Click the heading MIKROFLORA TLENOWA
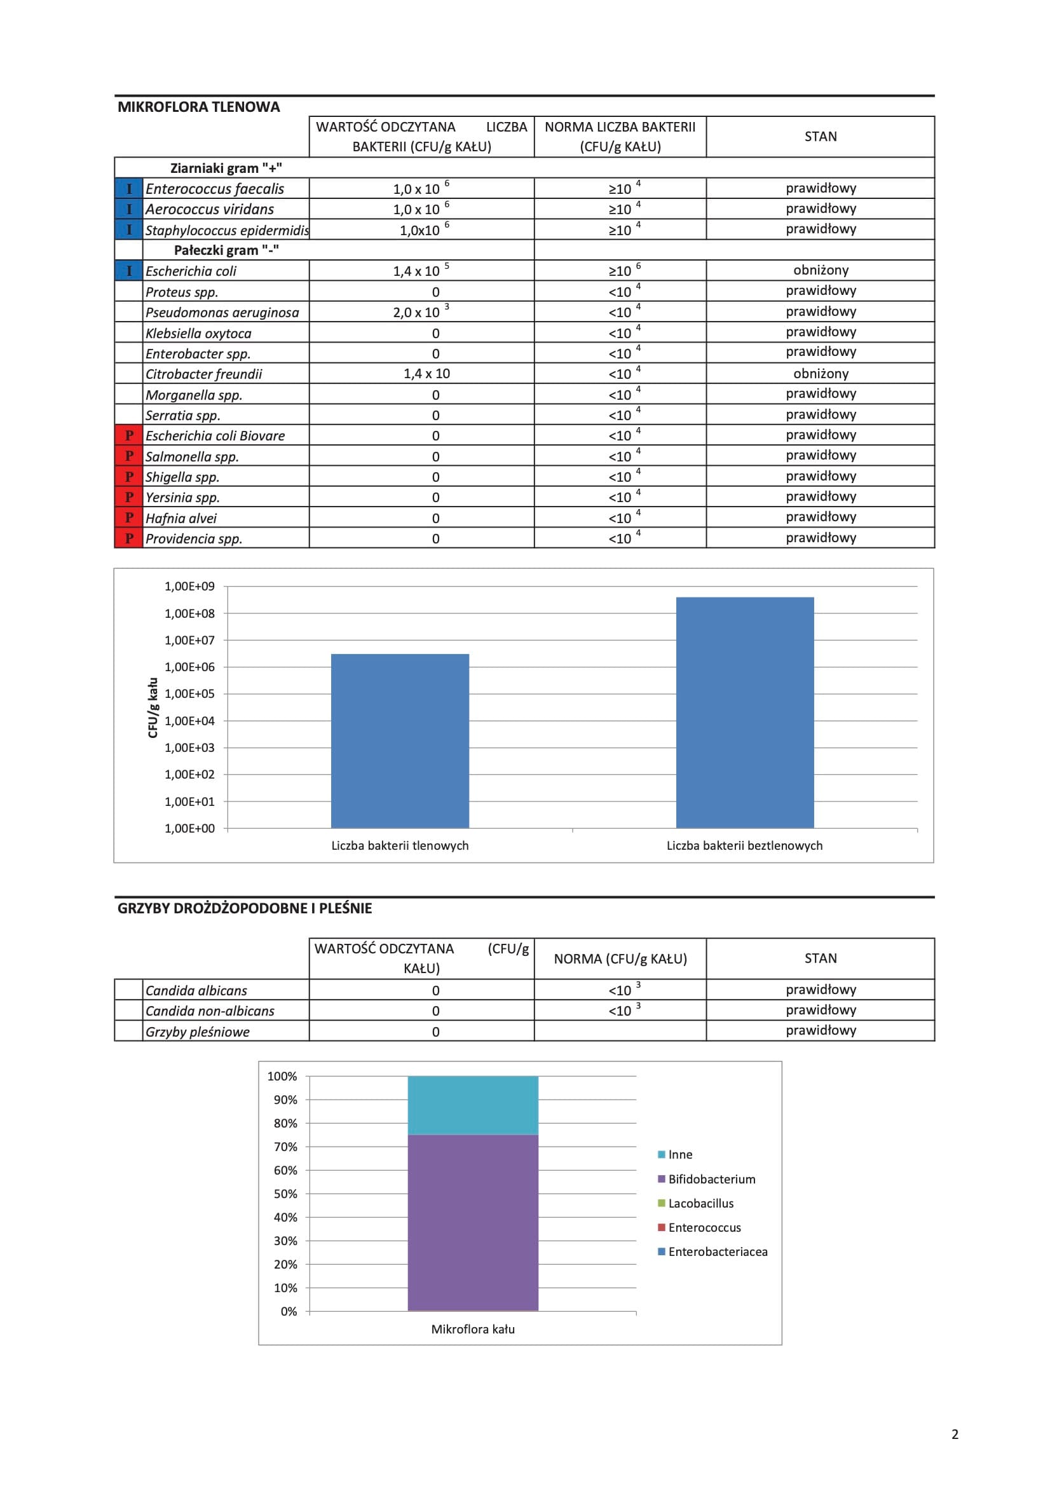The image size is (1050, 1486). (x=198, y=107)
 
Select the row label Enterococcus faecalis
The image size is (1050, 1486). (x=214, y=189)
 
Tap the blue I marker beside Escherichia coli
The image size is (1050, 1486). (x=129, y=271)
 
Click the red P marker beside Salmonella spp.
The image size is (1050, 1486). (x=129, y=456)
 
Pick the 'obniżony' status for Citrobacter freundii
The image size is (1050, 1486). (x=820, y=374)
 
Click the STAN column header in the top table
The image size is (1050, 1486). (x=820, y=137)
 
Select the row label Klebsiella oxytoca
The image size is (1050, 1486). (x=198, y=333)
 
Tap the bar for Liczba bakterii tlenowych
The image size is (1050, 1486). (x=399, y=740)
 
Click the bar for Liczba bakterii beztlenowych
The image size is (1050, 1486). (x=744, y=712)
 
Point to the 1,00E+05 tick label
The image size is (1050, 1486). (x=189, y=694)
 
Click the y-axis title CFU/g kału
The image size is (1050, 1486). (x=153, y=707)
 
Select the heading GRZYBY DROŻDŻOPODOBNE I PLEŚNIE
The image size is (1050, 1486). (x=244, y=908)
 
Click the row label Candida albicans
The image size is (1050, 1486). (x=196, y=990)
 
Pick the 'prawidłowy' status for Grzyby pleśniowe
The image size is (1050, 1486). (x=820, y=1030)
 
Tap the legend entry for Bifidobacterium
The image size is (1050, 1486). (x=711, y=1179)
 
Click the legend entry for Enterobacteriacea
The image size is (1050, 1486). (x=717, y=1251)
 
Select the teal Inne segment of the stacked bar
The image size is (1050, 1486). (x=473, y=1105)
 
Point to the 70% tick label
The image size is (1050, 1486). (x=285, y=1147)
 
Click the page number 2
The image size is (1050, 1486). (x=955, y=1435)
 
